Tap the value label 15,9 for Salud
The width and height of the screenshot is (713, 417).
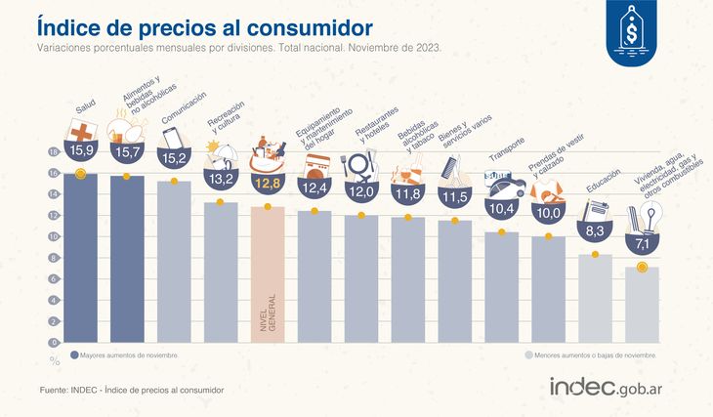79,151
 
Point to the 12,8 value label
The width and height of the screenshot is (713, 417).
268,183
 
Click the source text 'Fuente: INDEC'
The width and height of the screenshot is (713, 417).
133,390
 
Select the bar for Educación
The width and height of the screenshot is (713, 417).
595,298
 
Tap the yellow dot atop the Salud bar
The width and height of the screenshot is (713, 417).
80,174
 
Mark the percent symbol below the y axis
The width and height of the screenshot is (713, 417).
55,360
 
